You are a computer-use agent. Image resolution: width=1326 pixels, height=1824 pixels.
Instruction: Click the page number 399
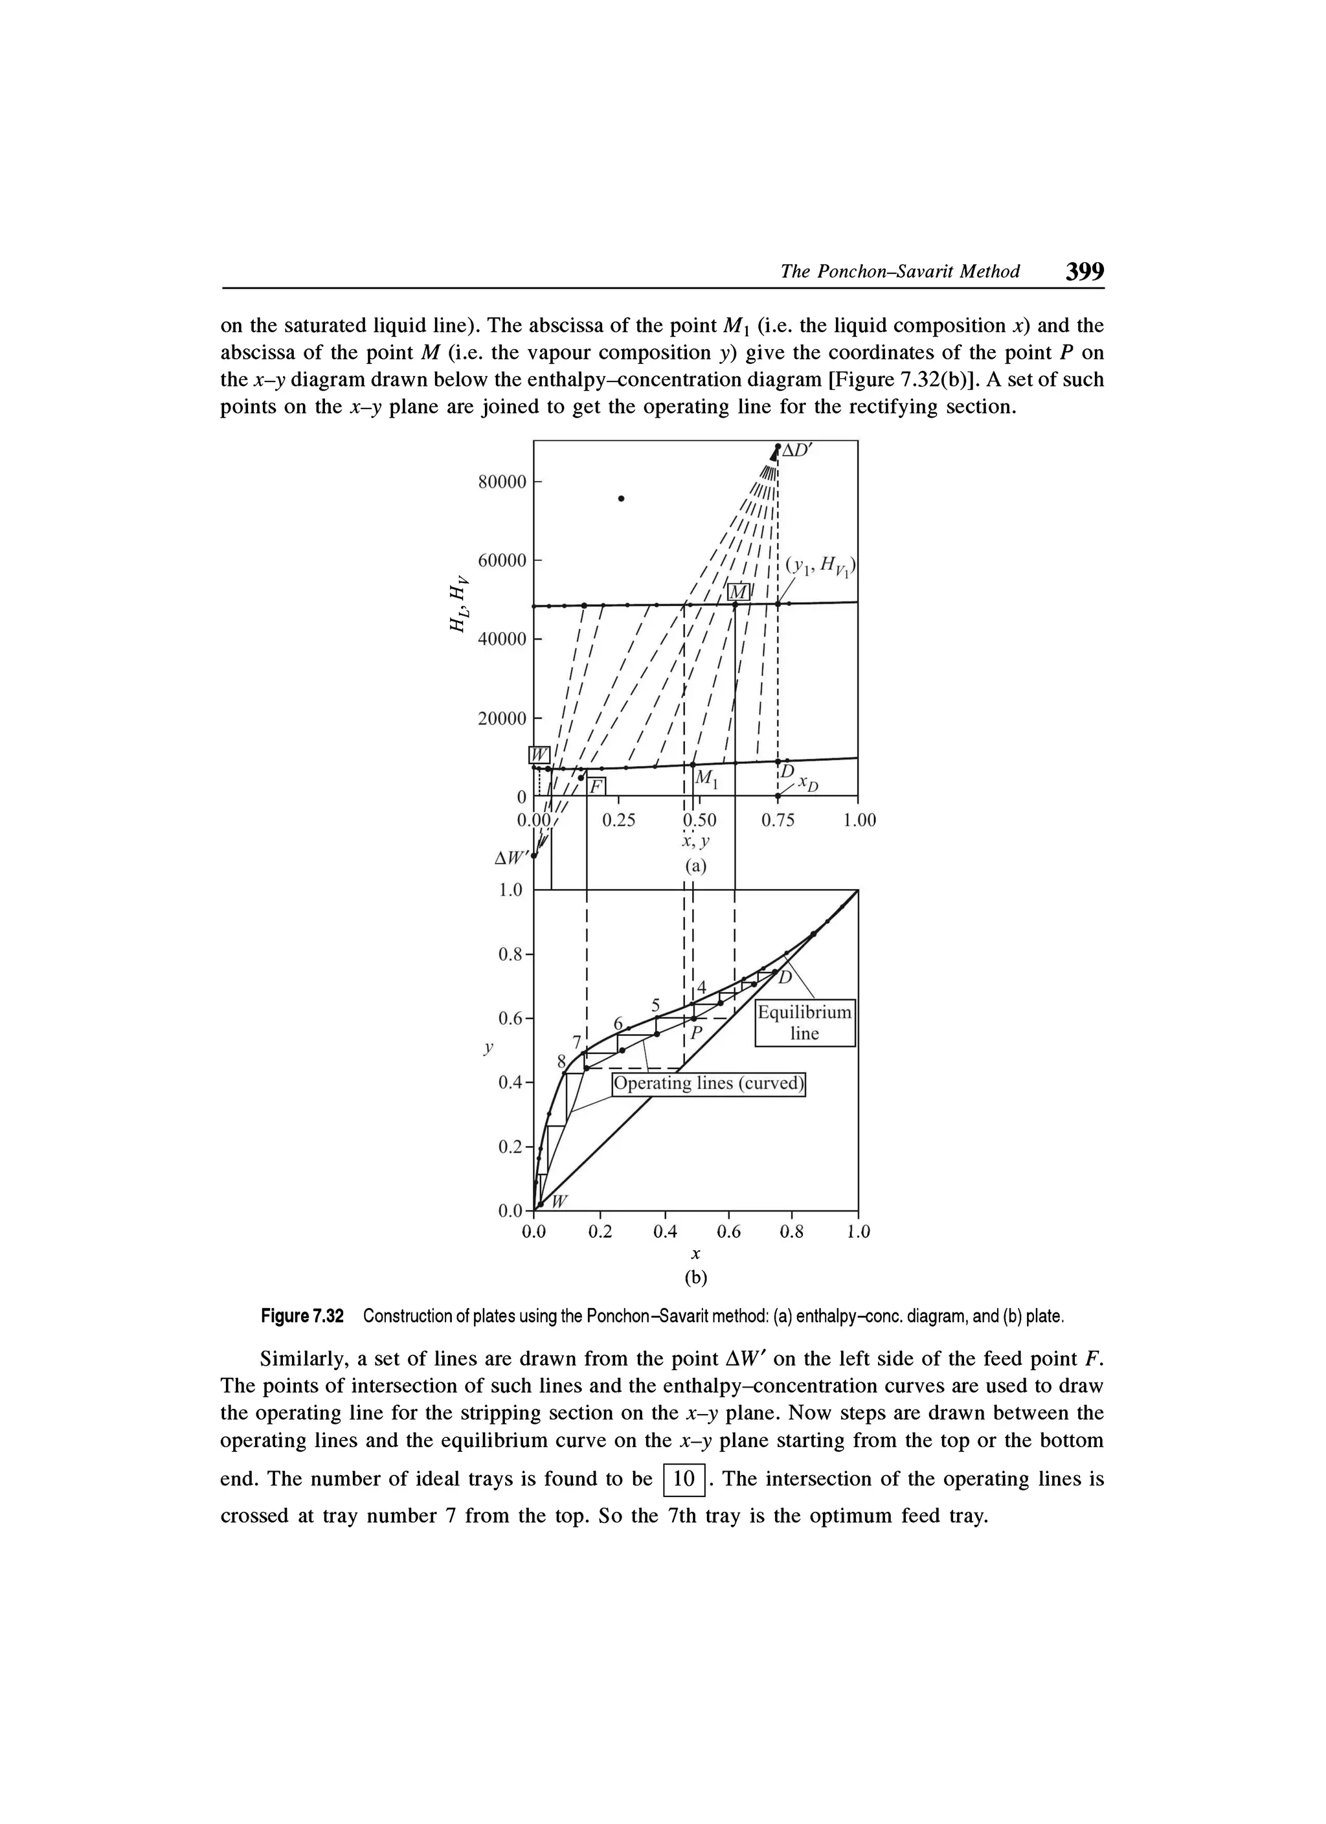[1084, 271]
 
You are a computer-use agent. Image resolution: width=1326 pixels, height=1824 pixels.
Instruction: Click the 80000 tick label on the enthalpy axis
[502, 482]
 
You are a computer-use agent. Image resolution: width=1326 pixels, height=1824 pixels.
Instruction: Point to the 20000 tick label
[502, 718]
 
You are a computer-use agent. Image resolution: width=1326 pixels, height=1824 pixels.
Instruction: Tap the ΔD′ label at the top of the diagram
[798, 451]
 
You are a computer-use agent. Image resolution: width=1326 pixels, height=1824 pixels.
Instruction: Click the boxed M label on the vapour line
[738, 592]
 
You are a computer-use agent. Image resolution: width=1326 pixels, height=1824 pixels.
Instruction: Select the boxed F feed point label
[596, 785]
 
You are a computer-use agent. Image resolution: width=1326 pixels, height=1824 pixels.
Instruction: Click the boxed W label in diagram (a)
[538, 754]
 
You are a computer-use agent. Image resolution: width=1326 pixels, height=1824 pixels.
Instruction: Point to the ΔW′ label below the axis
[512, 858]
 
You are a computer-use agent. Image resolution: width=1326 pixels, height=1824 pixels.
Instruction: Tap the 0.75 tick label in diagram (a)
[778, 820]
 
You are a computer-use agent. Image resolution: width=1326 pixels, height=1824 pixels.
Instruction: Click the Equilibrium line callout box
[804, 1023]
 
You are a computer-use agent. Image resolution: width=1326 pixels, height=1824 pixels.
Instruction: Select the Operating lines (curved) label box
[708, 1084]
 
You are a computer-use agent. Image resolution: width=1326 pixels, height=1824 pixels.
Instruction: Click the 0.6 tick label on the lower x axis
[728, 1232]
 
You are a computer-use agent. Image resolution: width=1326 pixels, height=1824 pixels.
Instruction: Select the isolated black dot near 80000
[621, 499]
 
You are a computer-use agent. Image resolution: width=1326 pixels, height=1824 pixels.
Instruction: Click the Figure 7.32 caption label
[302, 1316]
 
